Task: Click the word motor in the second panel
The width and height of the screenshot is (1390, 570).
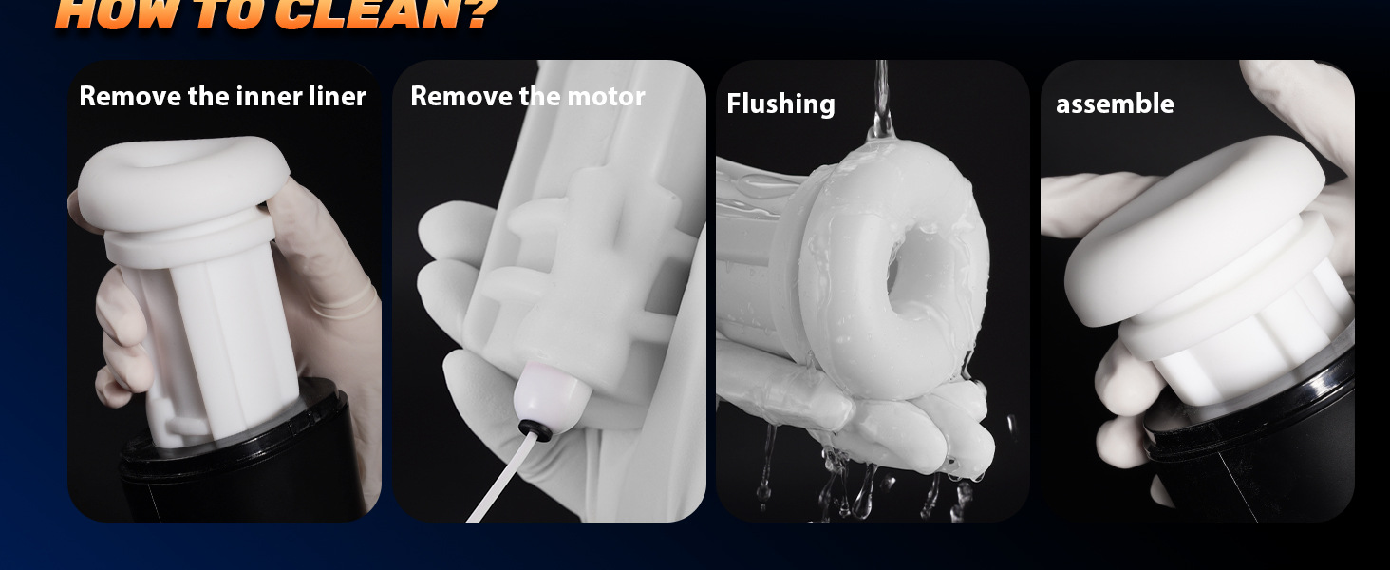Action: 606,96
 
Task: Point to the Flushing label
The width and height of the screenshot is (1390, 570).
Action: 780,104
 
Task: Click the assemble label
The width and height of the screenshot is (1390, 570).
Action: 1115,104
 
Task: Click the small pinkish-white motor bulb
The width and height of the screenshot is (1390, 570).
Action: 551,397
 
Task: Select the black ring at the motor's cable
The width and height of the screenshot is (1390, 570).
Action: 535,429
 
